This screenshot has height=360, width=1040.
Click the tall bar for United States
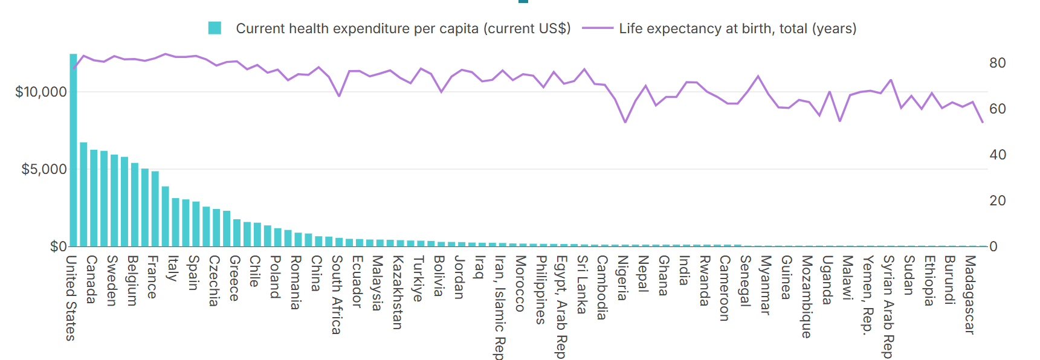tap(73, 151)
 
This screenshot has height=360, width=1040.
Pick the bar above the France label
tap(155, 209)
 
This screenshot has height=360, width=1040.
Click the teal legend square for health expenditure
tap(215, 28)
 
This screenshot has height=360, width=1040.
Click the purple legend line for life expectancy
tap(598, 28)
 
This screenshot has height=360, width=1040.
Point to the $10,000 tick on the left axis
tap(41, 92)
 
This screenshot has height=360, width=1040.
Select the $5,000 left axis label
tap(44, 170)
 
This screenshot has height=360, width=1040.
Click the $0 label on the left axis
tap(58, 246)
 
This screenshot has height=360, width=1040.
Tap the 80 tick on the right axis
tap(997, 63)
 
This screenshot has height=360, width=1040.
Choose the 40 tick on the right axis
tap(997, 155)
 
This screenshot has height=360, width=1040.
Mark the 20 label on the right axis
tap(997, 201)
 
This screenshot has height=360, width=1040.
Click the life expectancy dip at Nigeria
tap(625, 122)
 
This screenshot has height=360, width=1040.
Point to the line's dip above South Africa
tap(339, 95)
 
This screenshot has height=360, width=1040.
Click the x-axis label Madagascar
tap(969, 295)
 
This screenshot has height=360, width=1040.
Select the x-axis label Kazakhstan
tap(397, 292)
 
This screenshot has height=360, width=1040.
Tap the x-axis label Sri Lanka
tap(581, 284)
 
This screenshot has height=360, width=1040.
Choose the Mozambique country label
tap(806, 297)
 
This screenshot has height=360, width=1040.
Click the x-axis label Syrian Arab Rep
tap(888, 307)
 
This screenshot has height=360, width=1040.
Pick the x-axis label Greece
tap(234, 278)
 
